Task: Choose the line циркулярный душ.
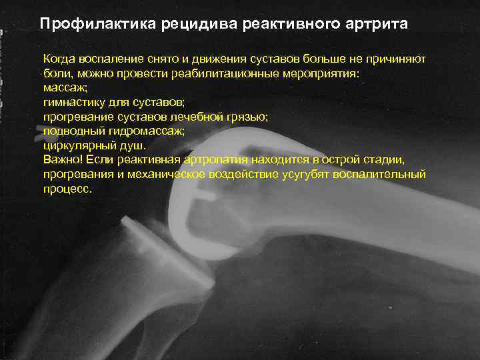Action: click(94, 145)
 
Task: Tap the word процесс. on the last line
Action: click(67, 189)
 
